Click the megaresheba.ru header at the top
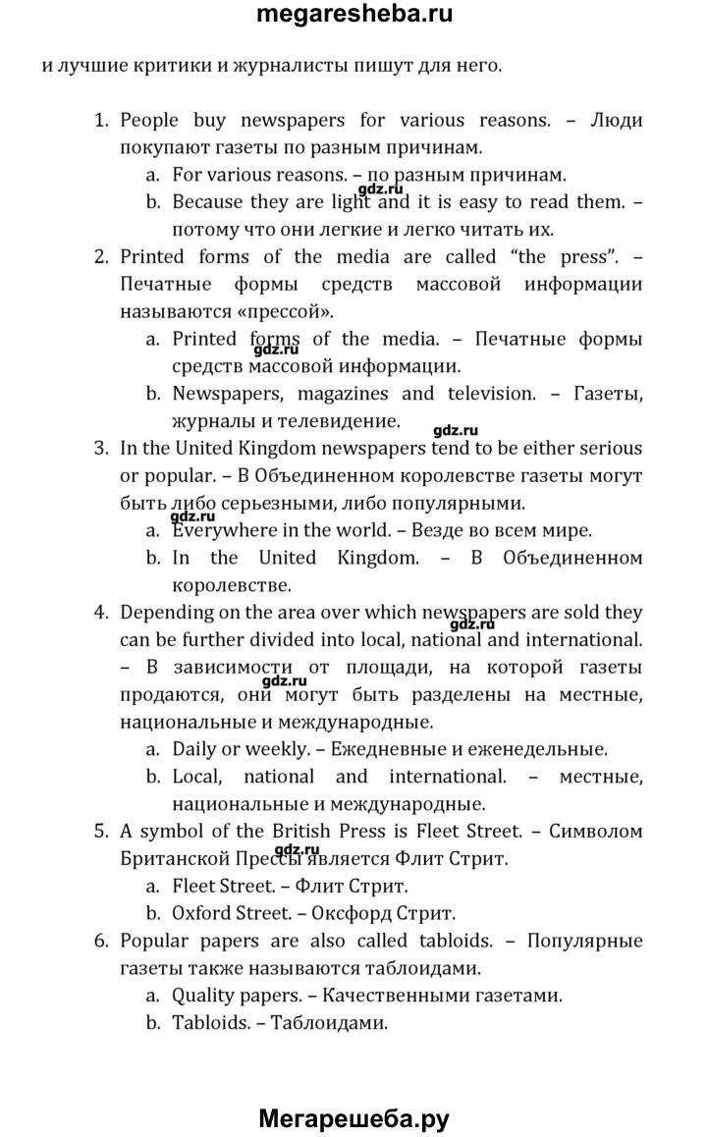pyautogui.click(x=353, y=16)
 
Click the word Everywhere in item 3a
pyautogui.click(x=220, y=531)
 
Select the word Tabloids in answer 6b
pyautogui.click(x=208, y=1022)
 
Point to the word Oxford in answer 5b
pyautogui.click(x=202, y=912)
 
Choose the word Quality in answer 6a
pyautogui.click(x=204, y=995)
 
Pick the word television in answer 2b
pyautogui.click(x=489, y=394)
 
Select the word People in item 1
pyautogui.click(x=150, y=121)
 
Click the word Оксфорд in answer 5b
pyautogui.click(x=341, y=912)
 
